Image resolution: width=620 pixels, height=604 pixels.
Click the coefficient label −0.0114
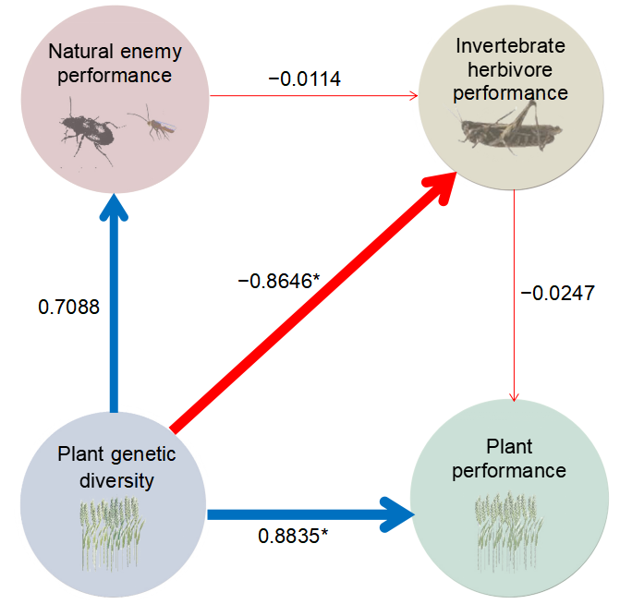coord(305,79)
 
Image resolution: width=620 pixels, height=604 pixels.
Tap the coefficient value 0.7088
coord(68,306)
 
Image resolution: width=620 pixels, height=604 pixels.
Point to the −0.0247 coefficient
coord(557,293)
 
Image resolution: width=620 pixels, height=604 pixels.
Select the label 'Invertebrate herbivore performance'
coord(511,69)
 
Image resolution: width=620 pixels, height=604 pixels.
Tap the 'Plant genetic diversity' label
coord(115,466)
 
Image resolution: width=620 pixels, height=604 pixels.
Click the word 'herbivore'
coord(511,69)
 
